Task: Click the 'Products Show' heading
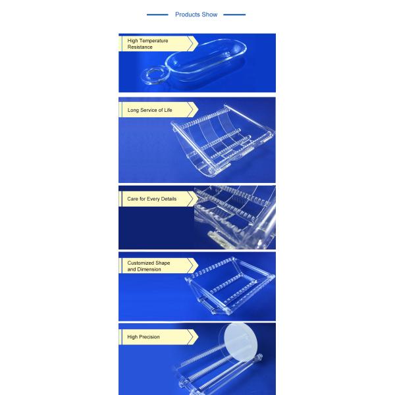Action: click(196, 14)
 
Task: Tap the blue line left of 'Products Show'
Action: click(157, 14)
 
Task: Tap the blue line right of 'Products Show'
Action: click(234, 14)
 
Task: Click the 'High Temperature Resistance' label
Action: click(147, 44)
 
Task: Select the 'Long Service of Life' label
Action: click(149, 110)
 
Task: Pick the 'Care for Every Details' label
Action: click(151, 199)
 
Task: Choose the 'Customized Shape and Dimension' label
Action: click(149, 266)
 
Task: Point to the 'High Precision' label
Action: click(144, 337)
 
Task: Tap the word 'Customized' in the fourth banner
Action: click(140, 263)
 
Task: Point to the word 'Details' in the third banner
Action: click(169, 199)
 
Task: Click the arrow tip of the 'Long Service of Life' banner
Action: click(198, 109)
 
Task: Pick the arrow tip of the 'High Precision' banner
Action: click(198, 337)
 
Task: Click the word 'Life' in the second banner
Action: click(168, 110)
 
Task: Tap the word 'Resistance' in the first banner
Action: click(140, 47)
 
